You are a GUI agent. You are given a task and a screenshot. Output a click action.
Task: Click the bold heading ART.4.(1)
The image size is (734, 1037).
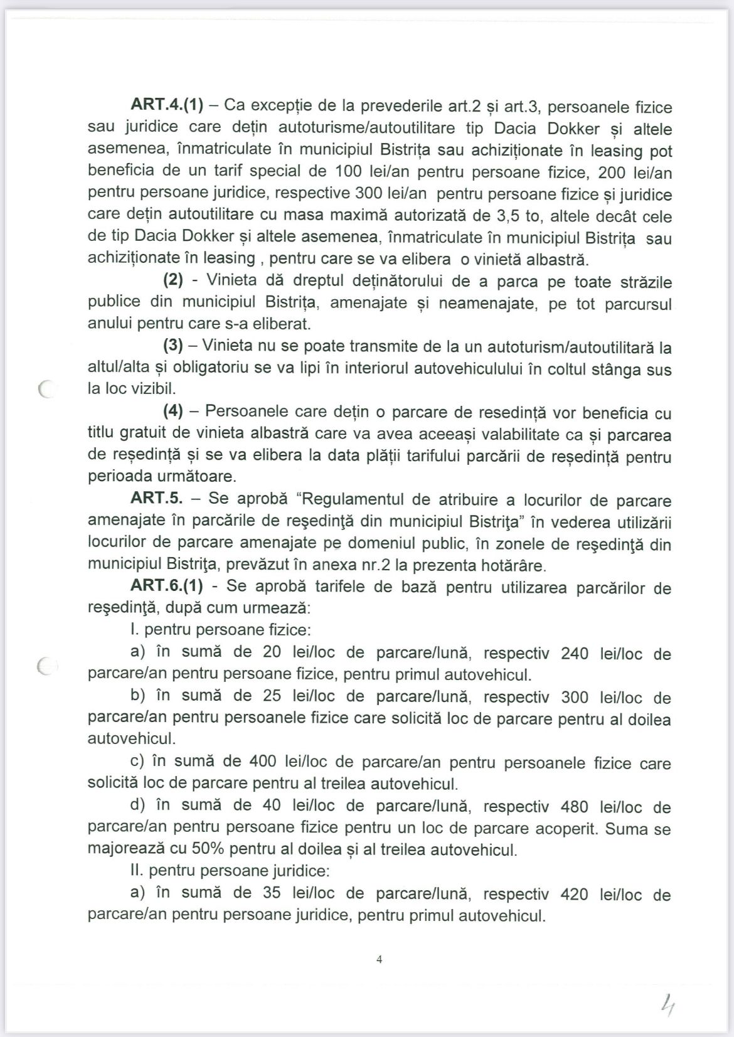(x=167, y=105)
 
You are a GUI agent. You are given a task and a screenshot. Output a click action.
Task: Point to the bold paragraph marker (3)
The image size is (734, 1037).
(x=173, y=346)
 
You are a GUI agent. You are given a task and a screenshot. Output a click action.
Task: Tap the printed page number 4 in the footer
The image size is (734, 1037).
(x=379, y=959)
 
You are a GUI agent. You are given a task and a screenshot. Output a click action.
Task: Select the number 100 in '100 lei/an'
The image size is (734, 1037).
(x=348, y=171)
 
